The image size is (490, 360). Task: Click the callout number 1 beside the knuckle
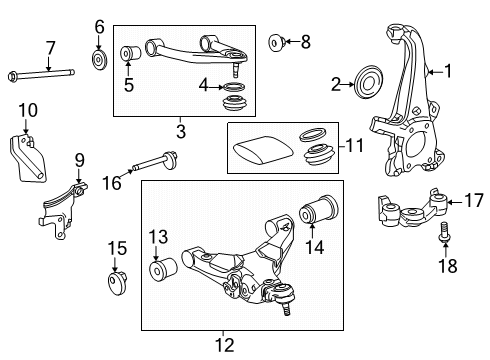448,71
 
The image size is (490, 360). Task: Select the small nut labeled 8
278,42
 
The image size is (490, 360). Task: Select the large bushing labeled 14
320,214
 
